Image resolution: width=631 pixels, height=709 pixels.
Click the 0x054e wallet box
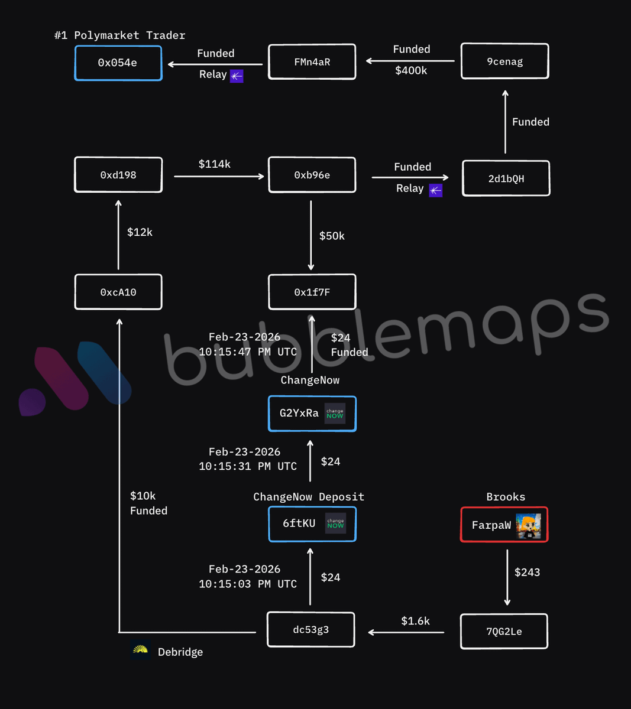[x=118, y=63]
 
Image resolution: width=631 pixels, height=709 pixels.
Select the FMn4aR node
[x=312, y=61]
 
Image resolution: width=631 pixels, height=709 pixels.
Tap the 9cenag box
[x=505, y=61]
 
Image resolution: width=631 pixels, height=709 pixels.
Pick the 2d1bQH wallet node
[x=506, y=178]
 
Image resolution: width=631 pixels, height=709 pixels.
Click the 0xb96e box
[x=312, y=175]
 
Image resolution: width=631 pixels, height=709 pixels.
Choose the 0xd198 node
[x=118, y=175]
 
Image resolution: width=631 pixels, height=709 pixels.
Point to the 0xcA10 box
[x=118, y=292]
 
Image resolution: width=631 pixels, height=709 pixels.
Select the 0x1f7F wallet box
[x=312, y=292]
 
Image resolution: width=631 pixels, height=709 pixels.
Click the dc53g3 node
[x=311, y=630]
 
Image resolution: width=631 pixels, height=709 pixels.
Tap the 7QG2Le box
[x=504, y=632]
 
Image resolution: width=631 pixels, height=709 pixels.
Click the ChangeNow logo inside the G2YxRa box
[x=335, y=414]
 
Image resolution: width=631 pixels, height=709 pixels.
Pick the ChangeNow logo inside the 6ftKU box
[x=335, y=523]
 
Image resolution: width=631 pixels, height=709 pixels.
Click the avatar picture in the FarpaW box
[x=528, y=525]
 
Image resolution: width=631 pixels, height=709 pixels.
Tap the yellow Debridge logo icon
[x=141, y=651]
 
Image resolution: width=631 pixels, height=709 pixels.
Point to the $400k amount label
[x=411, y=71]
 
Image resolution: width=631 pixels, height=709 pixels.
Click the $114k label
[x=215, y=164]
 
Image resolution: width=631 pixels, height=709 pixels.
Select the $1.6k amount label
[x=415, y=621]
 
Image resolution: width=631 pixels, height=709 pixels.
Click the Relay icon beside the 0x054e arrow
[x=237, y=76]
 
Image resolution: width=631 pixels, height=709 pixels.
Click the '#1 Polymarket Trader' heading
[x=119, y=35]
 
